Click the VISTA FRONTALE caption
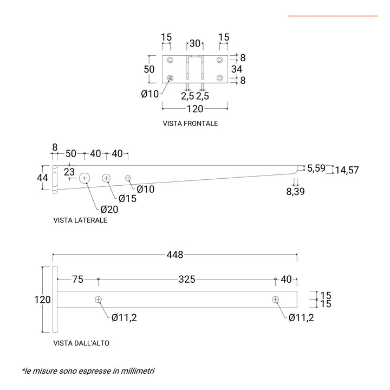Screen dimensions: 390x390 [x=190, y=123]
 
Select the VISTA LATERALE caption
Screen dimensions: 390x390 [x=80, y=220]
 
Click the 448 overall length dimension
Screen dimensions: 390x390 [x=175, y=255]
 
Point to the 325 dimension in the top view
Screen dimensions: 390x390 [x=187, y=279]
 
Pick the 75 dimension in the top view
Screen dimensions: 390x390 [x=77, y=279]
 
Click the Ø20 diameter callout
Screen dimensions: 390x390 [x=109, y=209]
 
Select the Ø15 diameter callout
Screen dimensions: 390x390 [x=128, y=198]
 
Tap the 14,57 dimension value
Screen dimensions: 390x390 [x=346, y=170]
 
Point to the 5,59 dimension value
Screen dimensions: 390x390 [x=316, y=168]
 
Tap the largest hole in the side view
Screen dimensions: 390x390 [x=85, y=178]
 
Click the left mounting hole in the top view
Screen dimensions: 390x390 [x=98, y=300]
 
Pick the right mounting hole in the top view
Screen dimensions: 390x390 [x=276, y=300]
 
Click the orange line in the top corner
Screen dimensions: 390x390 [x=333, y=16]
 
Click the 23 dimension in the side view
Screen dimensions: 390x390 [x=69, y=172]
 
